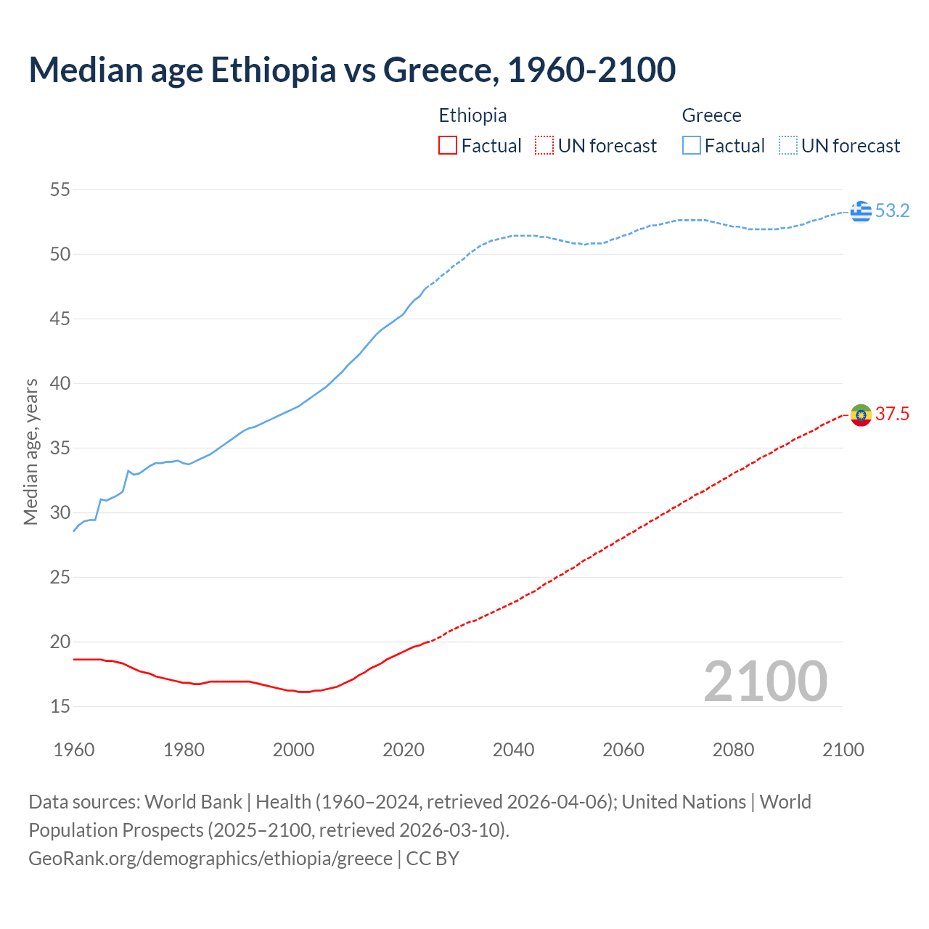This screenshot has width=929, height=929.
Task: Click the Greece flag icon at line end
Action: pyautogui.click(x=861, y=211)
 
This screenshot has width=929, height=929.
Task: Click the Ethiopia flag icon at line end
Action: pyautogui.click(x=861, y=415)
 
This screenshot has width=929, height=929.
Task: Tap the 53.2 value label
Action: pyautogui.click(x=892, y=211)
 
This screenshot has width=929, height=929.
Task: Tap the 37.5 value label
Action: pyautogui.click(x=892, y=414)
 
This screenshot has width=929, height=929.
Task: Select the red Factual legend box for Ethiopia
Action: pyautogui.click(x=448, y=146)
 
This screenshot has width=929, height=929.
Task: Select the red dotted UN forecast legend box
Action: pyautogui.click(x=544, y=146)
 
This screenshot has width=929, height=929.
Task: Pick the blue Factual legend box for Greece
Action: pyautogui.click(x=691, y=146)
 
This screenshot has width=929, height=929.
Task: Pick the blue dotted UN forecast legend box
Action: pyautogui.click(x=787, y=146)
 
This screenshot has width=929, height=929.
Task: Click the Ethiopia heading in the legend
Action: pyautogui.click(x=472, y=115)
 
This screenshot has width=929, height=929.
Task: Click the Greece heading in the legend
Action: pyautogui.click(x=711, y=115)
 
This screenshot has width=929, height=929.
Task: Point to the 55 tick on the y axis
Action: pyautogui.click(x=60, y=190)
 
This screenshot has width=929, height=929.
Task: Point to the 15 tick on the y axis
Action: pyautogui.click(x=60, y=706)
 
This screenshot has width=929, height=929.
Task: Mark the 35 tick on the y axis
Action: pyautogui.click(x=60, y=448)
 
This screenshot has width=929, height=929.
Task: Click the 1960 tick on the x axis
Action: pyautogui.click(x=74, y=750)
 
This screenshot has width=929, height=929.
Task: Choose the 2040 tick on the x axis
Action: pyautogui.click(x=513, y=750)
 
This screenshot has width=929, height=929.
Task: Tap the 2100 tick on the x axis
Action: pyautogui.click(x=843, y=750)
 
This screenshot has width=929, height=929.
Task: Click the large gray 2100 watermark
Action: pyautogui.click(x=765, y=682)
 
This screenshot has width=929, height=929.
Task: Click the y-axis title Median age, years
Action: pyautogui.click(x=30, y=451)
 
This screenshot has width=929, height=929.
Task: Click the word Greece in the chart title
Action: pyautogui.click(x=440, y=70)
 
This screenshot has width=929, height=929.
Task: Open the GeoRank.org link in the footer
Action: pyautogui.click(x=210, y=859)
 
